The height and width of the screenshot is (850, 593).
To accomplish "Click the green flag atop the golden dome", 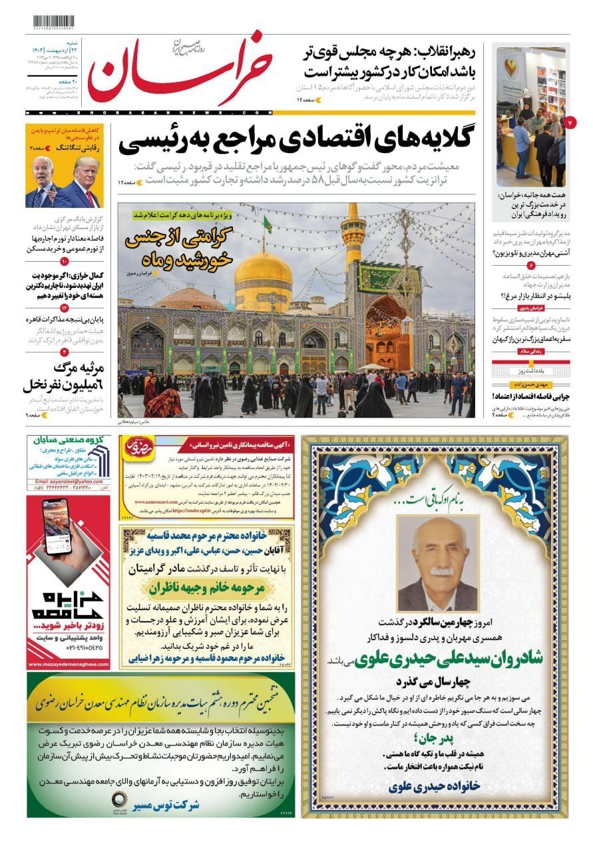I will coord(268,224).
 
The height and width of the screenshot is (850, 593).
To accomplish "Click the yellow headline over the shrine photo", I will coord(177,247).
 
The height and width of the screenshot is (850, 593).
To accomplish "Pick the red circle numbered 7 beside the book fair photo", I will coord(570,123).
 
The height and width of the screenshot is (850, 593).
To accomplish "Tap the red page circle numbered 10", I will coord(65,262).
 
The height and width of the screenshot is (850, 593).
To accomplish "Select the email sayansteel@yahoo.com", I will coord(69,481).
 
